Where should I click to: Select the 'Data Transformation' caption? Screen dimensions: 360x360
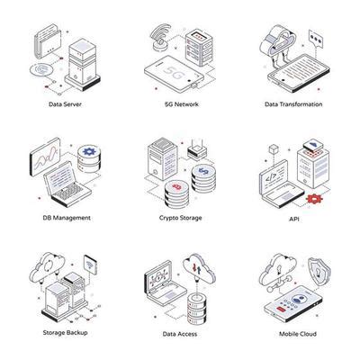(x=292, y=103)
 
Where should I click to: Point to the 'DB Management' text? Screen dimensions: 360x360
(x=66, y=217)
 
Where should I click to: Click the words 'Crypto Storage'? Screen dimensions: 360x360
(x=180, y=217)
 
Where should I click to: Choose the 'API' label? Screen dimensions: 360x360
(x=293, y=217)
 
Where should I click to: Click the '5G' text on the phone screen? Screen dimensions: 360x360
(x=176, y=69)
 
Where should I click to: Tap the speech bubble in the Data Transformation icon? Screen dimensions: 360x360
(x=315, y=39)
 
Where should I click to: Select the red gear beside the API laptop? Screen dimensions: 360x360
(x=313, y=196)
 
